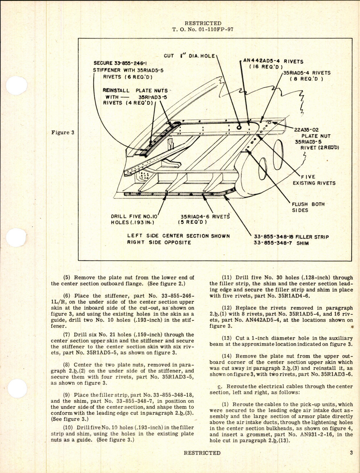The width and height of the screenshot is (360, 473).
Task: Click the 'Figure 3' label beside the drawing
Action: coord(62,132)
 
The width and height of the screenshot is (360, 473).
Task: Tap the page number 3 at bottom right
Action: coord(351,453)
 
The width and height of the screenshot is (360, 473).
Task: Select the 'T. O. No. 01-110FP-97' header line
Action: coord(203,29)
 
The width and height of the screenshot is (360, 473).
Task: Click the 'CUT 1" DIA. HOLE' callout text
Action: coord(189,56)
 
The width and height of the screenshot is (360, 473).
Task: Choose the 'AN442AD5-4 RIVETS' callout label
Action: coord(273,61)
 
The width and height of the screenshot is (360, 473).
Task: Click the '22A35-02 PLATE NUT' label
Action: coord(312,133)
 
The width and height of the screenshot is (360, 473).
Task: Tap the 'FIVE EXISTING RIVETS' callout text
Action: coord(314,180)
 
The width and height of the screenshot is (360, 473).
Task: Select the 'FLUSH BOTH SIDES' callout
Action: coord(308,207)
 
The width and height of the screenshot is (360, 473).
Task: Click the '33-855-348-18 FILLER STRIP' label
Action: coord(291,237)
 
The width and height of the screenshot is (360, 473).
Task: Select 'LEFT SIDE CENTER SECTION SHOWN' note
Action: coord(179,236)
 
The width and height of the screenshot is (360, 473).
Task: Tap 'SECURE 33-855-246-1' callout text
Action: coord(122,63)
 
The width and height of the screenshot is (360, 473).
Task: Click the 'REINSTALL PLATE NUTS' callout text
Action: coord(135,90)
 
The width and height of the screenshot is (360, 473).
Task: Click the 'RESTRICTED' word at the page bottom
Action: coord(202,453)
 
